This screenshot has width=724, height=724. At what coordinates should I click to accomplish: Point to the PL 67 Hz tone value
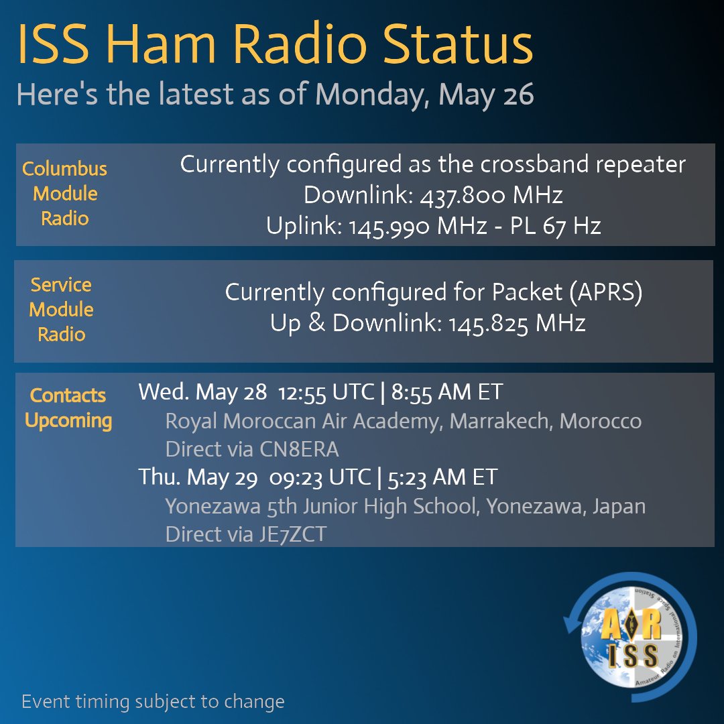pos(562,226)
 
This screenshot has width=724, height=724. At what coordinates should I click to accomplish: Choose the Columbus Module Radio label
pos(65,194)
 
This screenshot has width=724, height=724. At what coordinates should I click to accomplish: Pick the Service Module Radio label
pos(61,310)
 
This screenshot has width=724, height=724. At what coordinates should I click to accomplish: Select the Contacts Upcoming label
pos(68,408)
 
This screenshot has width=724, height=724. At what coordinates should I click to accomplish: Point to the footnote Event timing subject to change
pos(154,702)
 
